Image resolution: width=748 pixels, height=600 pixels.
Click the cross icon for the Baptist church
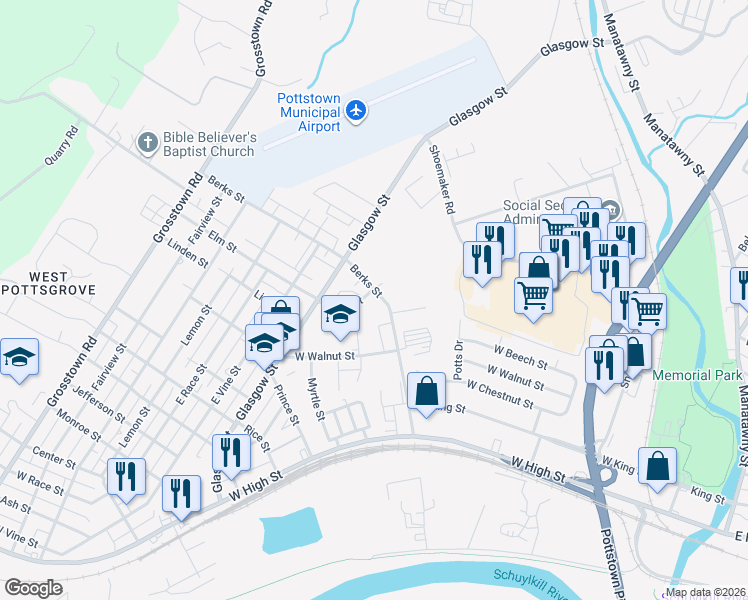click(x=148, y=140)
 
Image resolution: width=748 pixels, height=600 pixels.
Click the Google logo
click(x=33, y=588)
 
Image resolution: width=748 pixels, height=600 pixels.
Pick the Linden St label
click(x=188, y=254)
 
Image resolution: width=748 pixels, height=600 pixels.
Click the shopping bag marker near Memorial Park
click(x=657, y=466)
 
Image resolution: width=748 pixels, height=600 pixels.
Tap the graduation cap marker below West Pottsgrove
click(x=19, y=358)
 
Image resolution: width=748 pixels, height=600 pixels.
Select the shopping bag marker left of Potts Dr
click(x=427, y=390)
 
